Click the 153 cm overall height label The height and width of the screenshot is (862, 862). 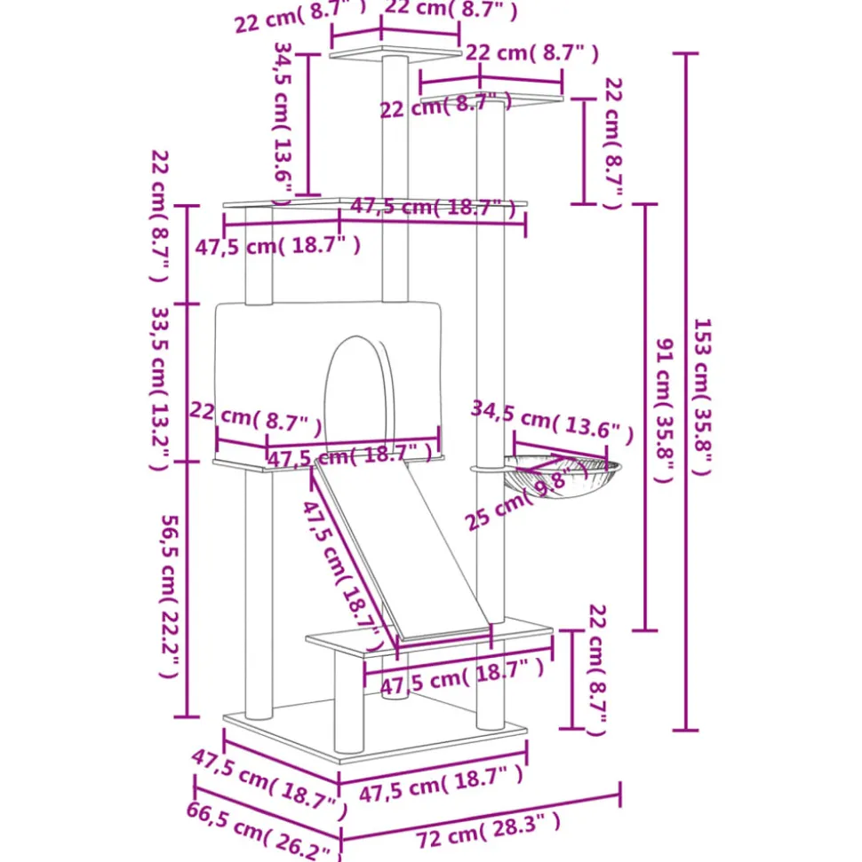(702, 397)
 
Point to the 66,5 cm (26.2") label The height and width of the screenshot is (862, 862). (263, 831)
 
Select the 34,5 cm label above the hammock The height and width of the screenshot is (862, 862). (552, 423)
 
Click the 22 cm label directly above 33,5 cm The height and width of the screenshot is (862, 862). (160, 217)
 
